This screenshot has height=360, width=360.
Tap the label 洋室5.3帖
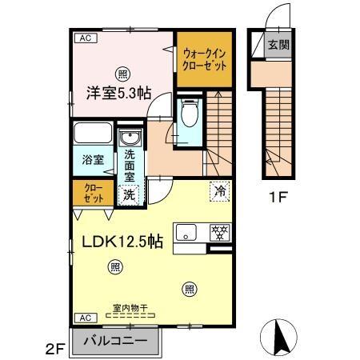point(119,92)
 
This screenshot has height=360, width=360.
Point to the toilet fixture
point(190,114)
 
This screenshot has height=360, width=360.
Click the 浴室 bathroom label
point(93,159)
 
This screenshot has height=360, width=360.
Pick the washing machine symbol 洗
point(128,194)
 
